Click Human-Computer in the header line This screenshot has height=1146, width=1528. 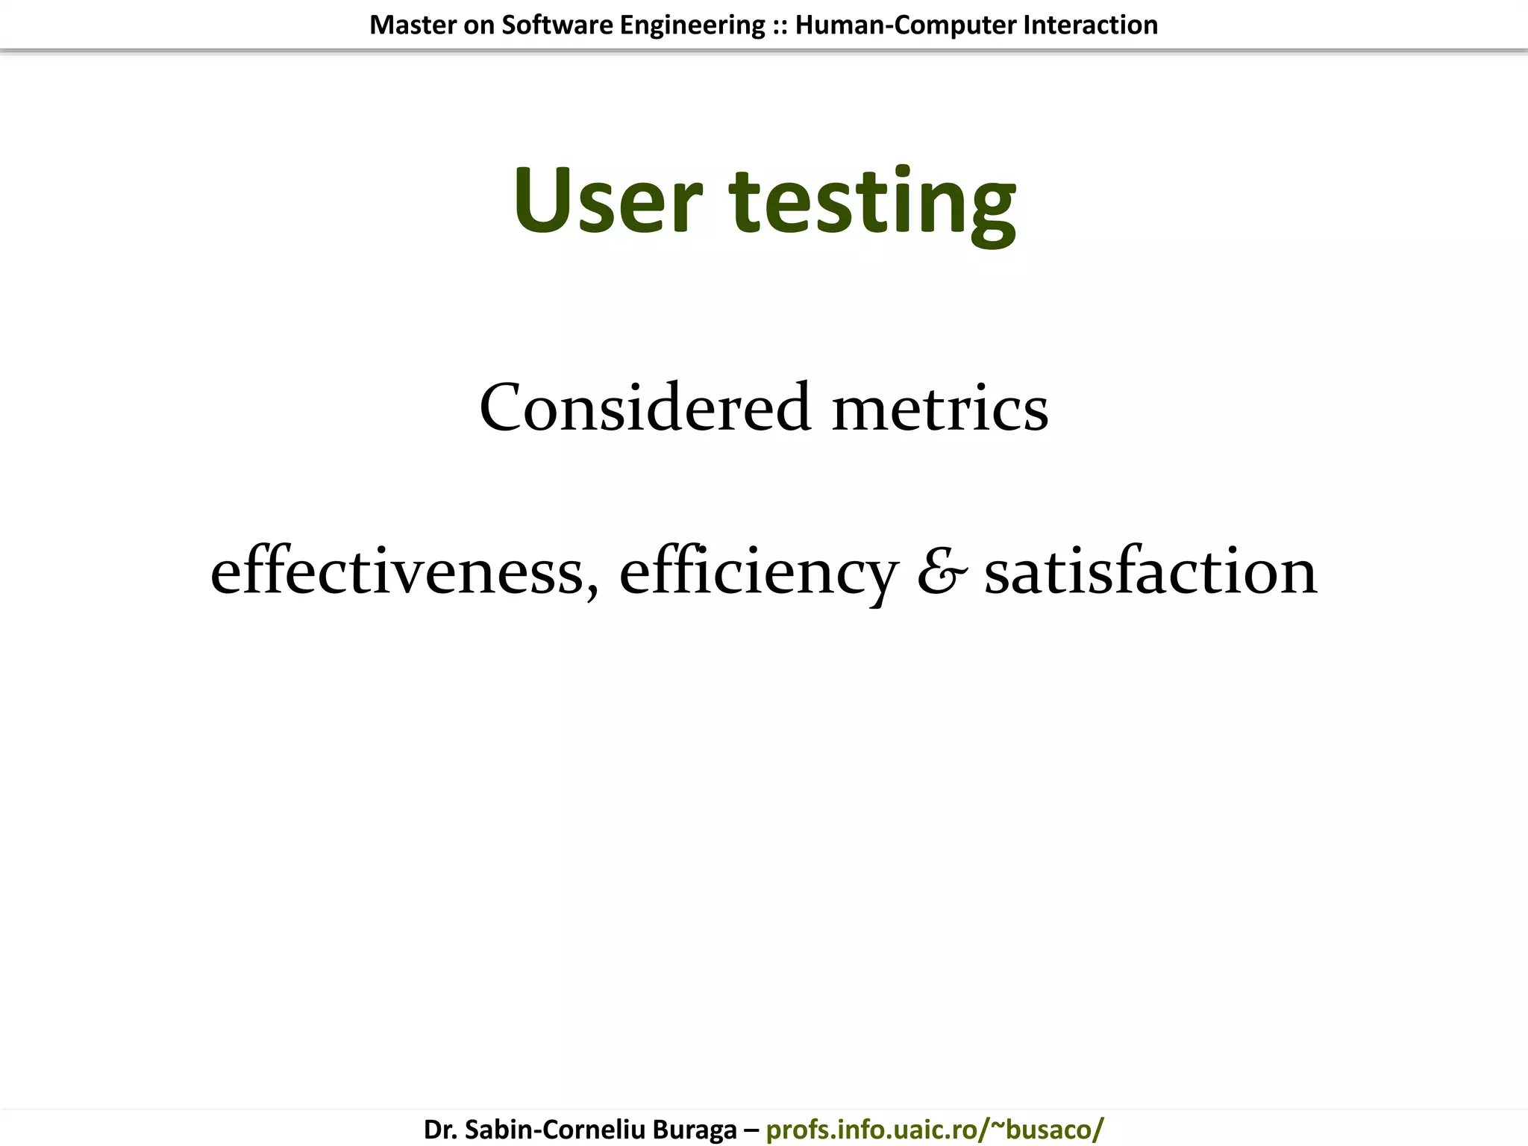(x=905, y=25)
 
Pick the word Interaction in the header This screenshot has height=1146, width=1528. (x=1090, y=25)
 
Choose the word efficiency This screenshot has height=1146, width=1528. (x=758, y=573)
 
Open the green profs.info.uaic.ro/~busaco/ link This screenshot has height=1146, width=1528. (x=934, y=1130)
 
